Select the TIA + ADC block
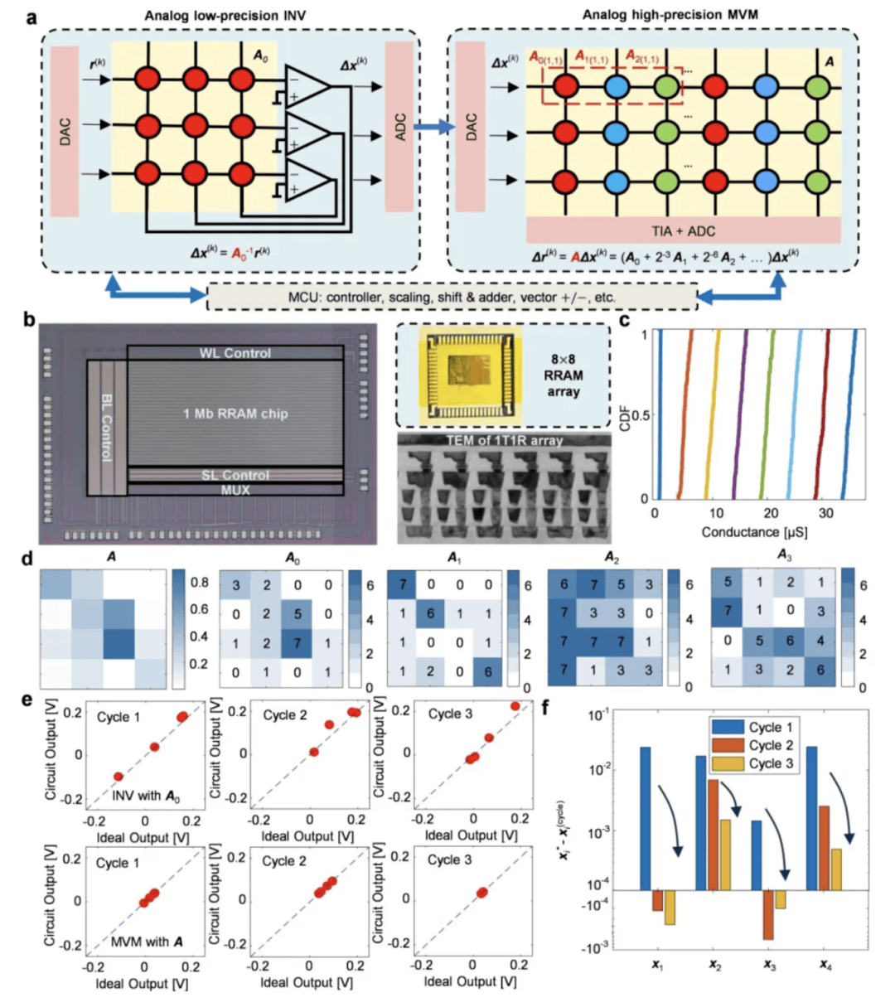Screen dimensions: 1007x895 coord(683,231)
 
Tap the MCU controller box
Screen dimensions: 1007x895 coord(452,296)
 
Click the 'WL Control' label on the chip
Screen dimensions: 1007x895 coord(235,353)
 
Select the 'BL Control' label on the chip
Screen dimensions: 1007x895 coord(107,427)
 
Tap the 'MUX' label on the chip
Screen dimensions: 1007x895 coord(235,490)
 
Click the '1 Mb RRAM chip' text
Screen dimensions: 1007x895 coord(235,414)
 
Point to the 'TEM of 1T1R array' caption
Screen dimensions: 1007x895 coord(504,440)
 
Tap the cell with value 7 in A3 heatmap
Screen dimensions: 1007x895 coord(728,612)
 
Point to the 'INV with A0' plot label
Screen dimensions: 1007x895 coord(147,796)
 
